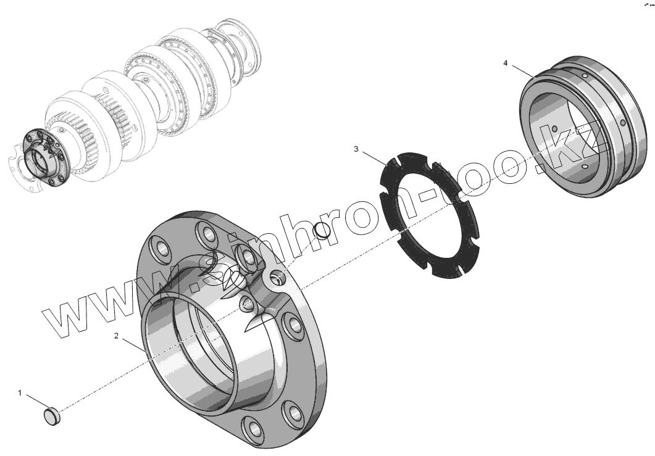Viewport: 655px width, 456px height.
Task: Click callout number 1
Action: [x=19, y=393]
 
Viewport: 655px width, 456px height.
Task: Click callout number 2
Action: [x=117, y=336]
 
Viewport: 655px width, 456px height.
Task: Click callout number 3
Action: [x=356, y=149]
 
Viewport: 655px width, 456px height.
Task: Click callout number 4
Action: [x=506, y=63]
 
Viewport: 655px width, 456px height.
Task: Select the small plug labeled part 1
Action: [x=52, y=417]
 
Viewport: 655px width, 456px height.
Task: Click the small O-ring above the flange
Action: [x=322, y=231]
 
